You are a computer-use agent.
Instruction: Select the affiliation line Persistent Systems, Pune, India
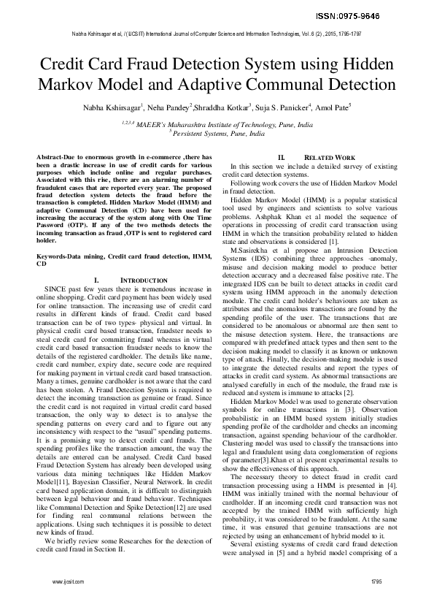[217, 134]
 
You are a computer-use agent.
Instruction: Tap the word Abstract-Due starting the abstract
[55, 158]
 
